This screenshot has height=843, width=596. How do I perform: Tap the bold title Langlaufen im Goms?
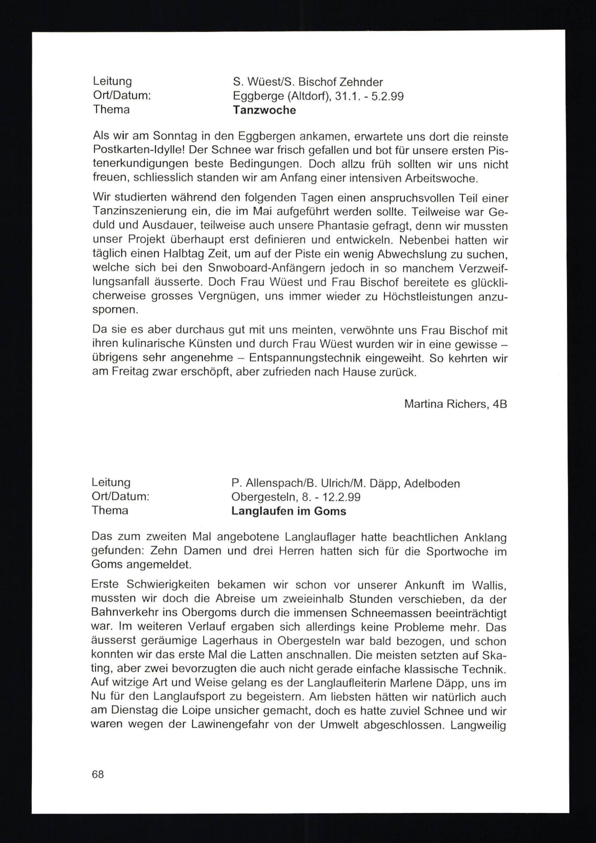pos(288,511)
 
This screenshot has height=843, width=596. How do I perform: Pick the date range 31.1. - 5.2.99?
pos(369,96)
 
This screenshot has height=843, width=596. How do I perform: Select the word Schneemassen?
pos(391,613)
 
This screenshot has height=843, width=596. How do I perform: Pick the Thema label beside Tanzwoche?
pos(111,109)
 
